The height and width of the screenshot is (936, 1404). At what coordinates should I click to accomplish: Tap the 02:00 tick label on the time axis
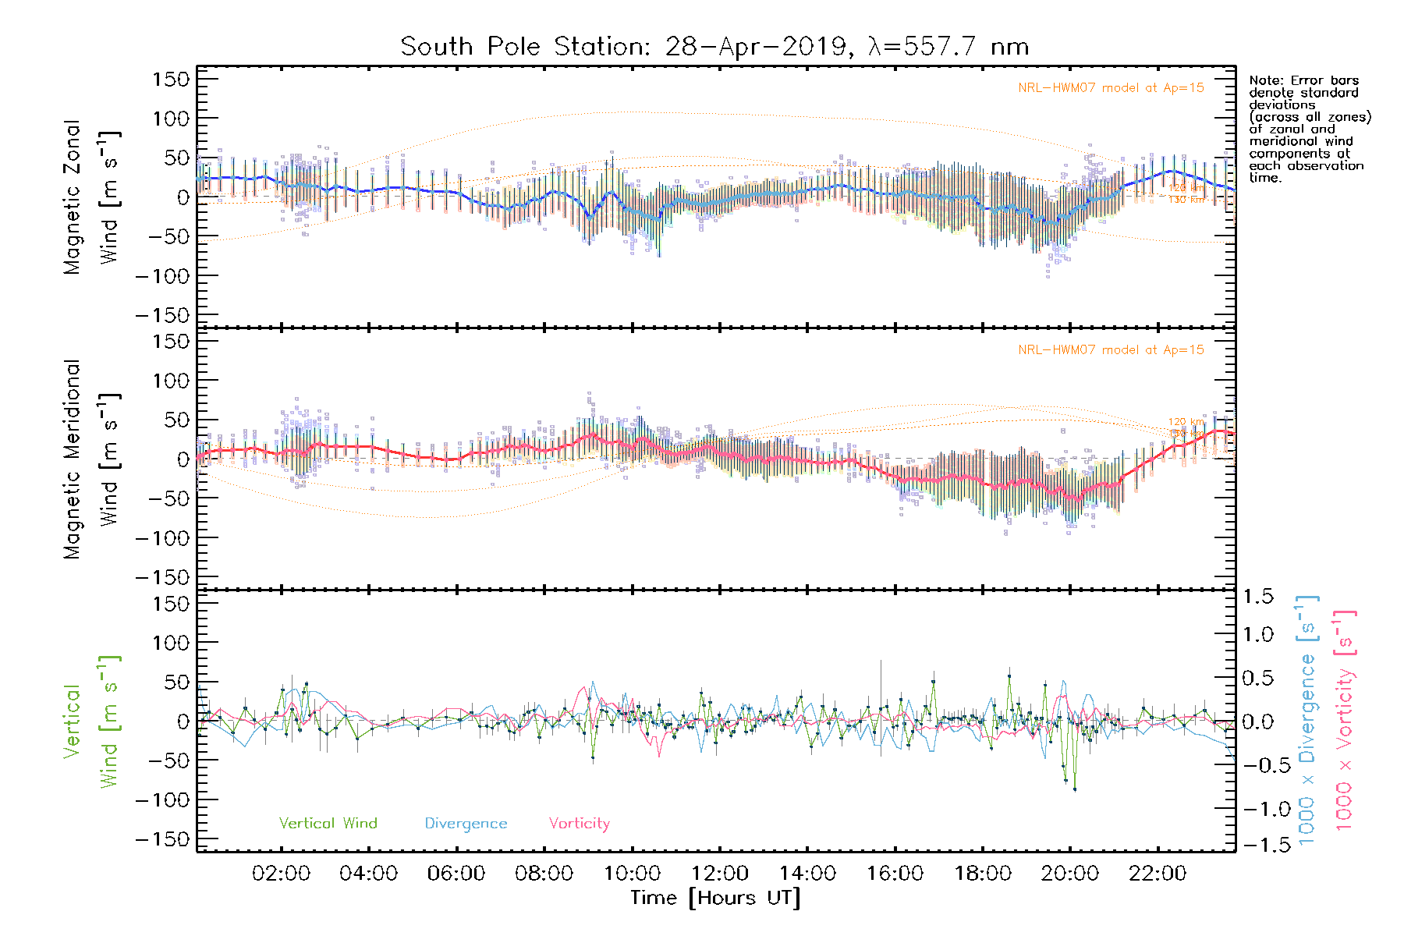[x=281, y=874]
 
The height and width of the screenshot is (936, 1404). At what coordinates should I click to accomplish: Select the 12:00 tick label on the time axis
[x=720, y=874]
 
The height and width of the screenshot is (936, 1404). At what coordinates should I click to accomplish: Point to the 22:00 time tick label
[x=1158, y=874]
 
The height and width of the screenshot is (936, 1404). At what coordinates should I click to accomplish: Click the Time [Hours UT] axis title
[x=715, y=898]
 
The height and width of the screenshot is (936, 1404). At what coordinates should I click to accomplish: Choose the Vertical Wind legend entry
[x=328, y=824]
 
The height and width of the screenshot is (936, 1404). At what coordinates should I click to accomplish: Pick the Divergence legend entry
[x=466, y=824]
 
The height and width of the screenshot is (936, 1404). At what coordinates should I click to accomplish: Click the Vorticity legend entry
[x=579, y=824]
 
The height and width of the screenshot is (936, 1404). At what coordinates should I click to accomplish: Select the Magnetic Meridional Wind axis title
[x=90, y=459]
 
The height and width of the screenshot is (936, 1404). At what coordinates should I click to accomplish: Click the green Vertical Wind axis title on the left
[x=90, y=721]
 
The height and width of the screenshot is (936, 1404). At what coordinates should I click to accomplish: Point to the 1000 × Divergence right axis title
[x=1306, y=721]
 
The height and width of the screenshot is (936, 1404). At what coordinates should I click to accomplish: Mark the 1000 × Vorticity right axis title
[x=1345, y=721]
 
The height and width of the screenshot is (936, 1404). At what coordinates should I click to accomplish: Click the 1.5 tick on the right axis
[x=1257, y=597]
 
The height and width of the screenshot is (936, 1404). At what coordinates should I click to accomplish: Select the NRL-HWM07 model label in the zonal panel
[x=1111, y=88]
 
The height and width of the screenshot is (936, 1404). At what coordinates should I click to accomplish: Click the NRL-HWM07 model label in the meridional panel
[x=1111, y=350]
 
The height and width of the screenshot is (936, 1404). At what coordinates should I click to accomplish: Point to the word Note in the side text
[x=1264, y=81]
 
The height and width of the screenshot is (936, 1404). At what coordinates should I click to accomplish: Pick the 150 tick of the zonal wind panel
[x=171, y=79]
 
